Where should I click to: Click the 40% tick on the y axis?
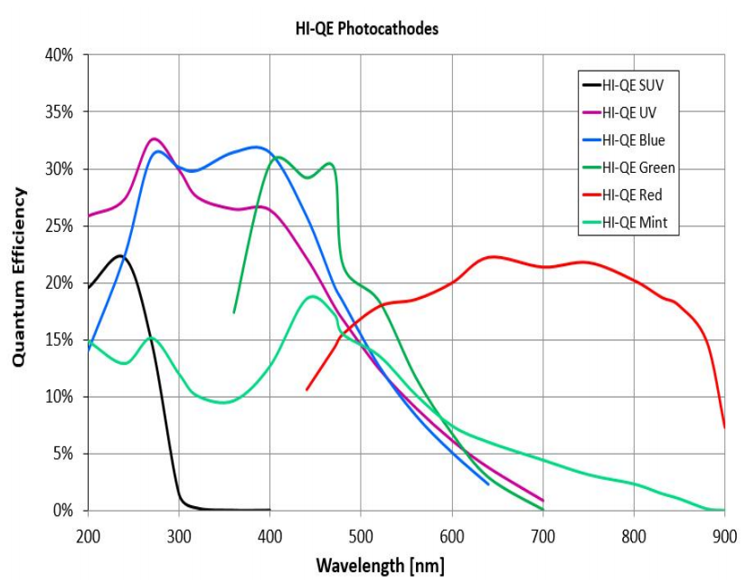tap(61, 56)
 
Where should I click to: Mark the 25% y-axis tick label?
tap(61, 226)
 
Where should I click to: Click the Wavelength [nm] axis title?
tap(380, 566)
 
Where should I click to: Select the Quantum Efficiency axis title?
tap(19, 277)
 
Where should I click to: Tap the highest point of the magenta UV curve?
tap(155, 139)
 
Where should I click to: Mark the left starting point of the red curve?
tap(307, 389)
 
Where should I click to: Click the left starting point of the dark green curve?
tap(234, 312)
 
